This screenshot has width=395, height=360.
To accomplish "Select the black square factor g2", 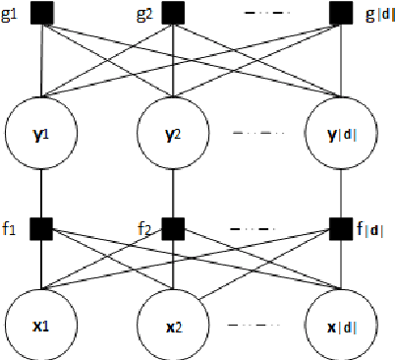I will click(x=173, y=14).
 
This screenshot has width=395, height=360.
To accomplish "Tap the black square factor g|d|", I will click(x=341, y=14).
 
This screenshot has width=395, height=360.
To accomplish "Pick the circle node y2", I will click(x=173, y=130).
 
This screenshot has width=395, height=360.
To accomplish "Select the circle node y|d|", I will click(x=341, y=130).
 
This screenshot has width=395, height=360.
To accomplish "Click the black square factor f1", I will click(x=40, y=228).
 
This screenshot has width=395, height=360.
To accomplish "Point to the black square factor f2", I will click(x=173, y=228).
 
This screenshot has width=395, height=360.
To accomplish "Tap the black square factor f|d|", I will click(x=341, y=228).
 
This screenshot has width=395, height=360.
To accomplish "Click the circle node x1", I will click(x=40, y=323).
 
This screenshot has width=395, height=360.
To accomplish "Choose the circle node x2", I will click(x=173, y=323).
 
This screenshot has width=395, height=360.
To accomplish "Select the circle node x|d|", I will click(x=341, y=323).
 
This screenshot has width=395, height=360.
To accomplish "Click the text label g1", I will click(x=12, y=15).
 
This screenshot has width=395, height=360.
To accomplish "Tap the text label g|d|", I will click(x=375, y=15).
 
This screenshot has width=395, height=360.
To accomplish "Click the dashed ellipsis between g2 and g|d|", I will click(x=257, y=14).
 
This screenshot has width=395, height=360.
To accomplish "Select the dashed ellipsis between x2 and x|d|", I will click(x=257, y=325).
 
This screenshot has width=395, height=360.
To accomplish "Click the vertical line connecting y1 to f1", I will click(x=40, y=192).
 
